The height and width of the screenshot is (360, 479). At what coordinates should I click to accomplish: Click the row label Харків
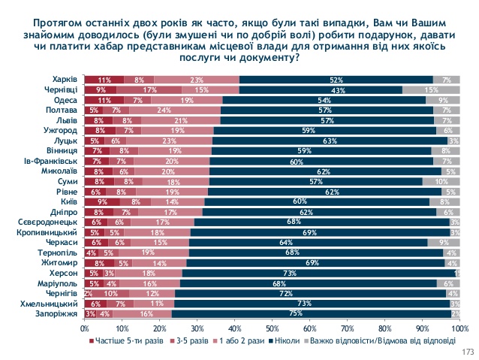pyautogui.click(x=62, y=79)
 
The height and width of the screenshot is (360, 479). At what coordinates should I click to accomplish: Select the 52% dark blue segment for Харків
pyautogui.click(x=336, y=79)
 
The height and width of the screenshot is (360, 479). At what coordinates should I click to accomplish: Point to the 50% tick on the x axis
pyautogui.click(x=272, y=327)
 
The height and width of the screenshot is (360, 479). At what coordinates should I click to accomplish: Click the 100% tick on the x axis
pyautogui.click(x=459, y=327)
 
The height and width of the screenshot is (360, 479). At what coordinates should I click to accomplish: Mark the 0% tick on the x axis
pyautogui.click(x=84, y=327)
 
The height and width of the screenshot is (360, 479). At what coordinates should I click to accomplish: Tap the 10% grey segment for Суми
pyautogui.click(x=441, y=180)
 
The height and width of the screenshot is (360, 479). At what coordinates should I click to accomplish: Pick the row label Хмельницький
pyautogui.click(x=51, y=303)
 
